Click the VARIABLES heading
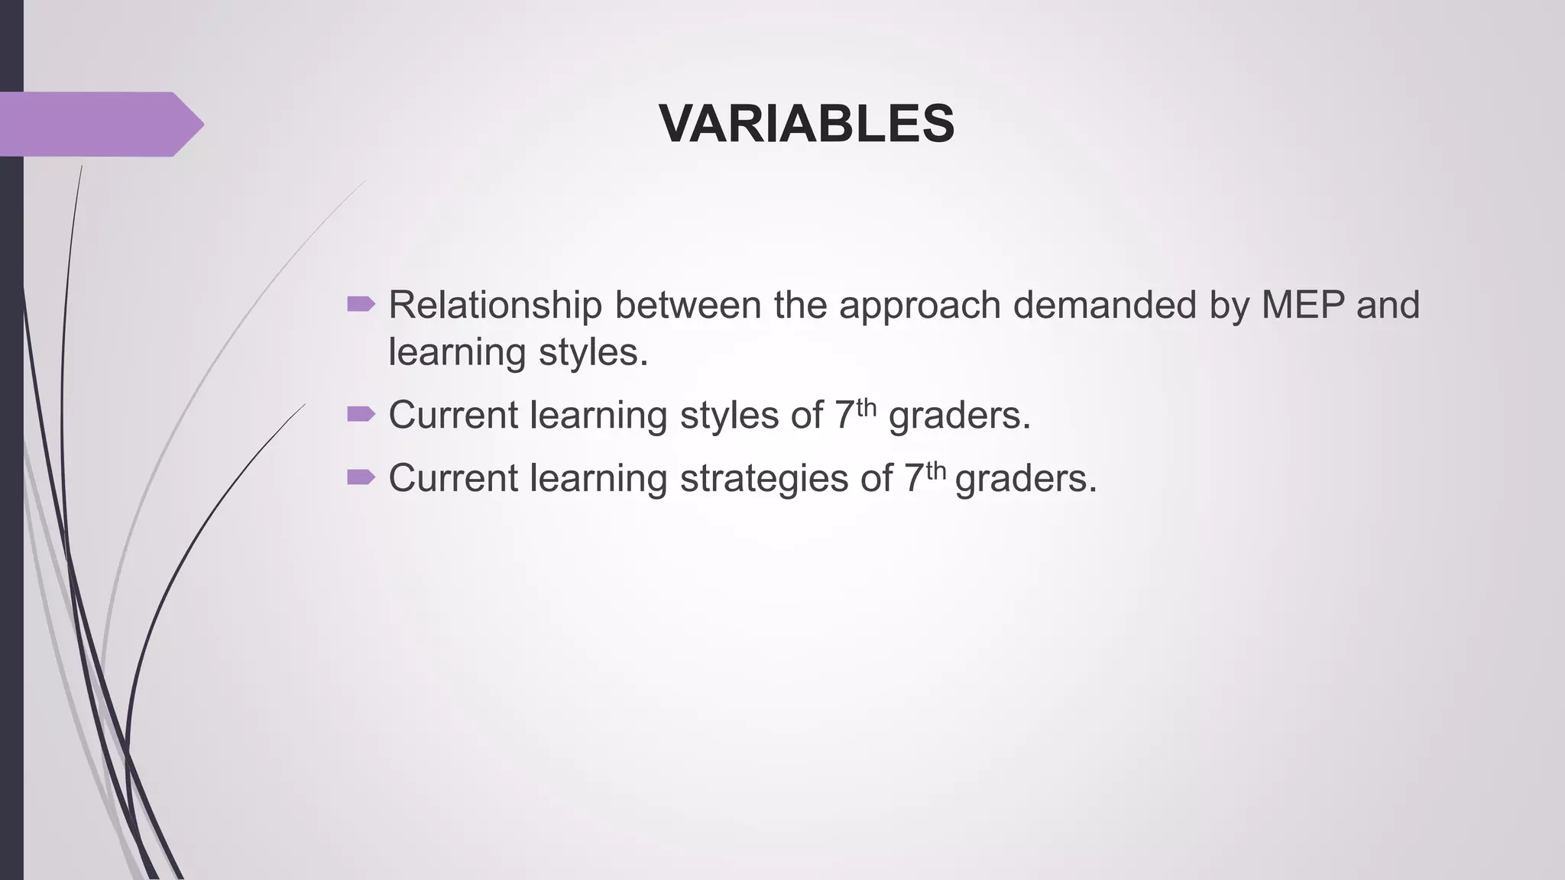pos(806,124)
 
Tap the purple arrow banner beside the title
pos(99,124)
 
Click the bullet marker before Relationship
pos(361,305)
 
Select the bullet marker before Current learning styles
pos(361,414)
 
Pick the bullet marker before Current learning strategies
pos(361,477)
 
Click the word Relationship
pos(495,305)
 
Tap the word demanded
pos(1105,305)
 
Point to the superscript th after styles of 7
pos(866,406)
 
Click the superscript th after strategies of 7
pos(935,470)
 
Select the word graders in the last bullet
pos(1026,479)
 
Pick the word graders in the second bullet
pos(960,416)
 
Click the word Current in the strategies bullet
pos(453,478)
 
